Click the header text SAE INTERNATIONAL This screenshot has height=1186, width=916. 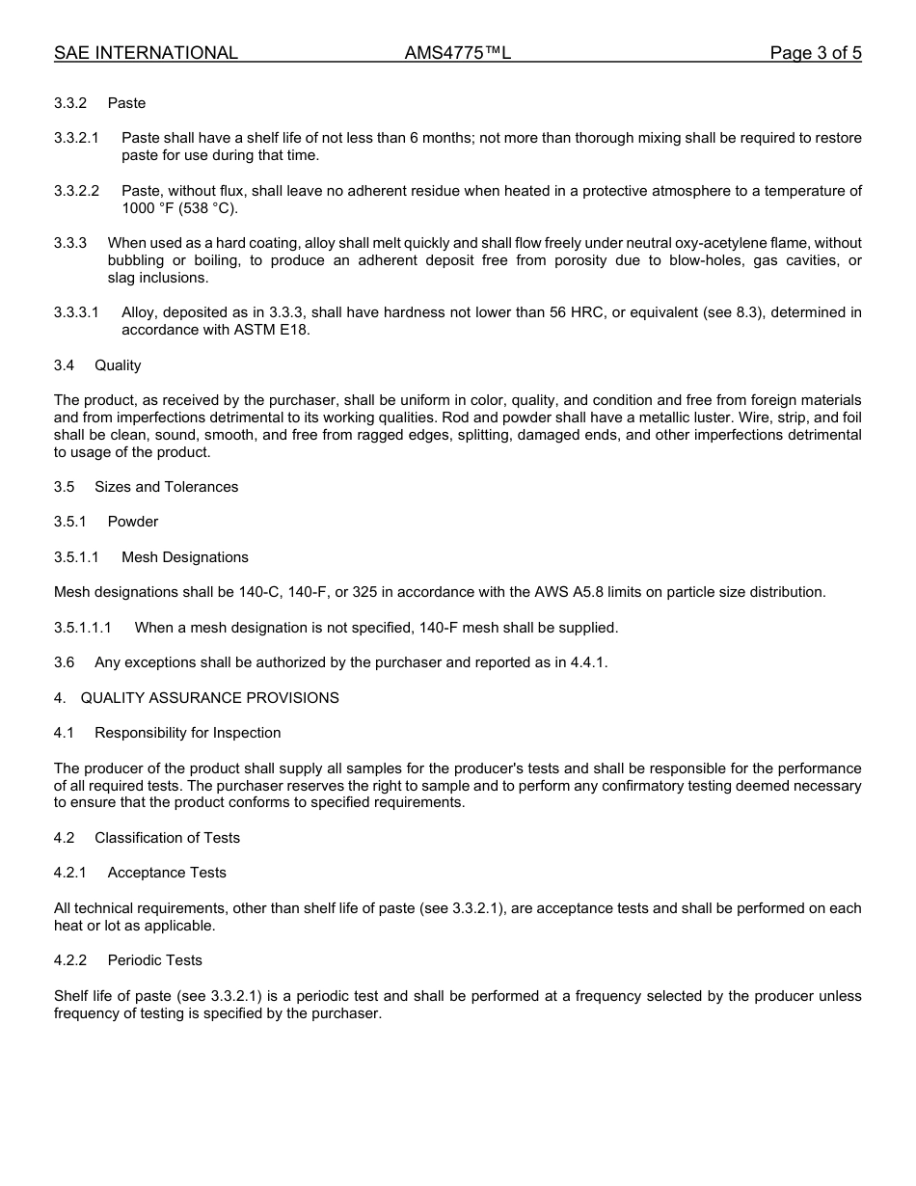click(x=146, y=53)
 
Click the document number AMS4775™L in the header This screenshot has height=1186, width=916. click(x=457, y=53)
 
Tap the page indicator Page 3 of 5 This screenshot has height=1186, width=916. click(x=815, y=53)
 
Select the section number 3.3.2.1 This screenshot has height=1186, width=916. click(x=76, y=138)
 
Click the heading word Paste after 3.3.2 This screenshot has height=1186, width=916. click(x=126, y=103)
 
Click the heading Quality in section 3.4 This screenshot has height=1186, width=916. click(x=118, y=365)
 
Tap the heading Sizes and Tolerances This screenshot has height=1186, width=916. click(x=166, y=487)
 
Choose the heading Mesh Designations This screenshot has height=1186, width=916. click(x=184, y=557)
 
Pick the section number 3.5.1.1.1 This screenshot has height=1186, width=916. click(x=83, y=628)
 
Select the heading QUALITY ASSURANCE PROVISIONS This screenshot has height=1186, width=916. click(x=209, y=698)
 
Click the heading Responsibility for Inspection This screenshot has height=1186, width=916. click(x=187, y=733)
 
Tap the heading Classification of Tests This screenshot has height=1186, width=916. click(x=167, y=838)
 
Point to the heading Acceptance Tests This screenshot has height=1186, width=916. click(x=167, y=873)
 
